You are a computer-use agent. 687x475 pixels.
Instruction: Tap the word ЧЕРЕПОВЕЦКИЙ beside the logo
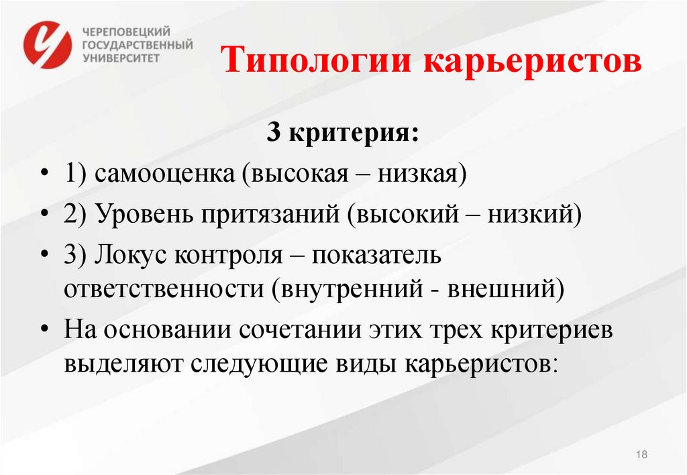[127, 32]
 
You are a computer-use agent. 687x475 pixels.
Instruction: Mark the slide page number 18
[641, 455]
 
